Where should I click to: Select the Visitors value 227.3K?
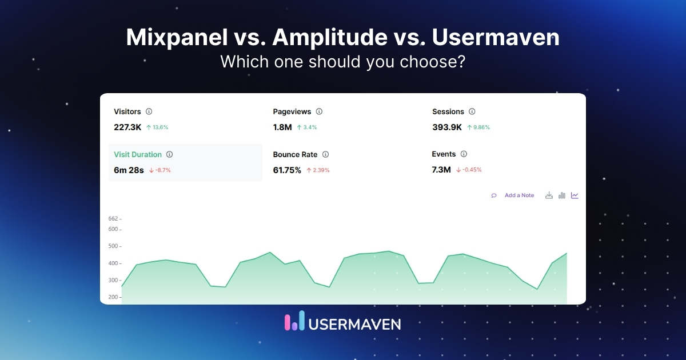pyautogui.click(x=127, y=127)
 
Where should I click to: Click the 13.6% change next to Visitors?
pyautogui.click(x=160, y=127)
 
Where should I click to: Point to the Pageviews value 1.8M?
pyautogui.click(x=282, y=127)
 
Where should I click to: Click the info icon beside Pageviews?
pyautogui.click(x=319, y=111)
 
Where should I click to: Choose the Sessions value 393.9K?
pyautogui.click(x=447, y=127)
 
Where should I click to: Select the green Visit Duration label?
pyautogui.click(x=138, y=154)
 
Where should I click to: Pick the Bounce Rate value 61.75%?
pyautogui.click(x=287, y=170)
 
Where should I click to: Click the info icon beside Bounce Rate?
pyautogui.click(x=325, y=154)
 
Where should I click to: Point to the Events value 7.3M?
pyautogui.click(x=441, y=170)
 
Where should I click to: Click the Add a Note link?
pyautogui.click(x=519, y=195)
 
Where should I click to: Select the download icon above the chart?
pyautogui.click(x=549, y=195)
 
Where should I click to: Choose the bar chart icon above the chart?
pyautogui.click(x=562, y=195)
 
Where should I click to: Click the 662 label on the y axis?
pyautogui.click(x=113, y=218)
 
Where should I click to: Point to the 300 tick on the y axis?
pyautogui.click(x=114, y=281)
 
